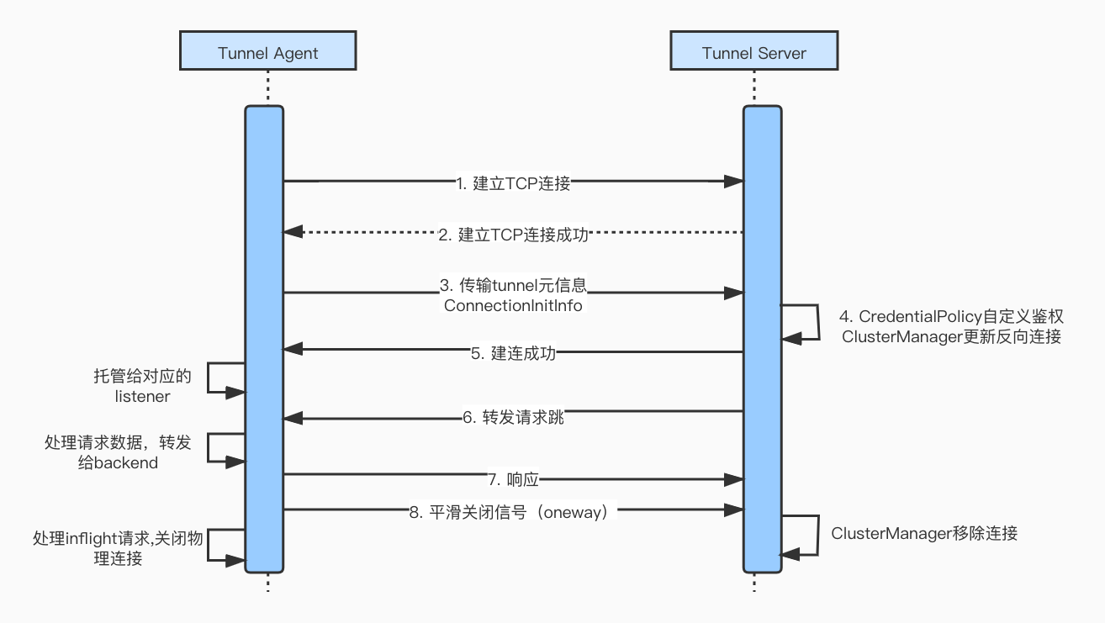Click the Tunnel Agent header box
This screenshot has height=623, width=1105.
(x=267, y=53)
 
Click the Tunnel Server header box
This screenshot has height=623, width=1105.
(x=753, y=53)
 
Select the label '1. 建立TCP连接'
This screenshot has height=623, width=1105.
(x=513, y=183)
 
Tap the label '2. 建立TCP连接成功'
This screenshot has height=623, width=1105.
(x=513, y=235)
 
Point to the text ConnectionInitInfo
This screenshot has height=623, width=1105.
(x=513, y=305)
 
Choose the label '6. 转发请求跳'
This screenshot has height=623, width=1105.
(x=513, y=416)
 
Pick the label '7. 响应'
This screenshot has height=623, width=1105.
(x=513, y=480)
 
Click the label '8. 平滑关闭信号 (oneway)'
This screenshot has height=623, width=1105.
(x=513, y=512)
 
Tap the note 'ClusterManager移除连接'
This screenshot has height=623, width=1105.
(x=924, y=533)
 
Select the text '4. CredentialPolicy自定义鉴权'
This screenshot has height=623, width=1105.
(x=951, y=317)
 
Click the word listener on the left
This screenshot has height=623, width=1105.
(x=142, y=396)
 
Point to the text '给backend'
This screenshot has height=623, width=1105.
(x=118, y=462)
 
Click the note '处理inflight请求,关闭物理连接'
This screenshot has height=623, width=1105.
(x=117, y=547)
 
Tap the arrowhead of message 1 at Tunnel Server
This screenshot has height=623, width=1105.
(x=735, y=181)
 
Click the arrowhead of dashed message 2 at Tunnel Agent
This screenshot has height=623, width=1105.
(x=292, y=231)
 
